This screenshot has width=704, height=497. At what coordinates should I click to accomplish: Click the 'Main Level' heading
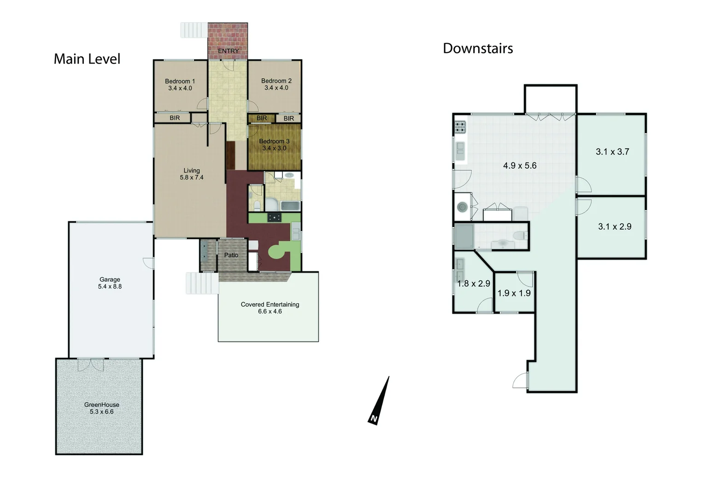click(x=87, y=59)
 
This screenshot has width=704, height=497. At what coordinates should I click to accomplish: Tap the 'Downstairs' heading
click(x=478, y=48)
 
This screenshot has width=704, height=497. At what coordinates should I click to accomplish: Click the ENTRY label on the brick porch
click(x=228, y=51)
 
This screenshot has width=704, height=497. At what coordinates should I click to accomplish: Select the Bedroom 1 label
click(x=180, y=81)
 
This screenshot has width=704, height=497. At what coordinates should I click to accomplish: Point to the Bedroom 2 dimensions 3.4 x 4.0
click(x=276, y=88)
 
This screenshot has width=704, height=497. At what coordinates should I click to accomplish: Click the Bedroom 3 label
click(x=274, y=141)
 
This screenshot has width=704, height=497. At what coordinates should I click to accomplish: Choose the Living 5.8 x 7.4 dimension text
click(x=192, y=178)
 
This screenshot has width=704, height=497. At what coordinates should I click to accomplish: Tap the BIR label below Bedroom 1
click(x=175, y=118)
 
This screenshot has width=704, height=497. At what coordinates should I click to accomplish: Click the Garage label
click(x=110, y=279)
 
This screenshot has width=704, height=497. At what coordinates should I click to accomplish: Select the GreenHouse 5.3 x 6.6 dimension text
click(x=102, y=412)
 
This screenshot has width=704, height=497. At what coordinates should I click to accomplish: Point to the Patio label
click(x=231, y=255)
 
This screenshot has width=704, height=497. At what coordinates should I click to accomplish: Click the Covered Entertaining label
click(x=270, y=304)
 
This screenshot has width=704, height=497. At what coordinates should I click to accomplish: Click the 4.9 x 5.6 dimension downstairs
click(x=520, y=166)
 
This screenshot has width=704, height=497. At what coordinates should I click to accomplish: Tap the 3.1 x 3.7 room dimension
click(x=612, y=152)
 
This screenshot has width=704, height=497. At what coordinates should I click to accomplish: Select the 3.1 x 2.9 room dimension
click(x=615, y=226)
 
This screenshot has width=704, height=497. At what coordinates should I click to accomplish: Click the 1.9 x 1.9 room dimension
click(x=514, y=293)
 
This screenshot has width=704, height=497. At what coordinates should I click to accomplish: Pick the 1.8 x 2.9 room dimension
click(x=474, y=283)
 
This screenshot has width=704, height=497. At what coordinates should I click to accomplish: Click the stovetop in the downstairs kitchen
click(x=461, y=127)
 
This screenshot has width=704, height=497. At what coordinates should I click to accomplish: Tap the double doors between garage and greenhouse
click(x=91, y=364)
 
